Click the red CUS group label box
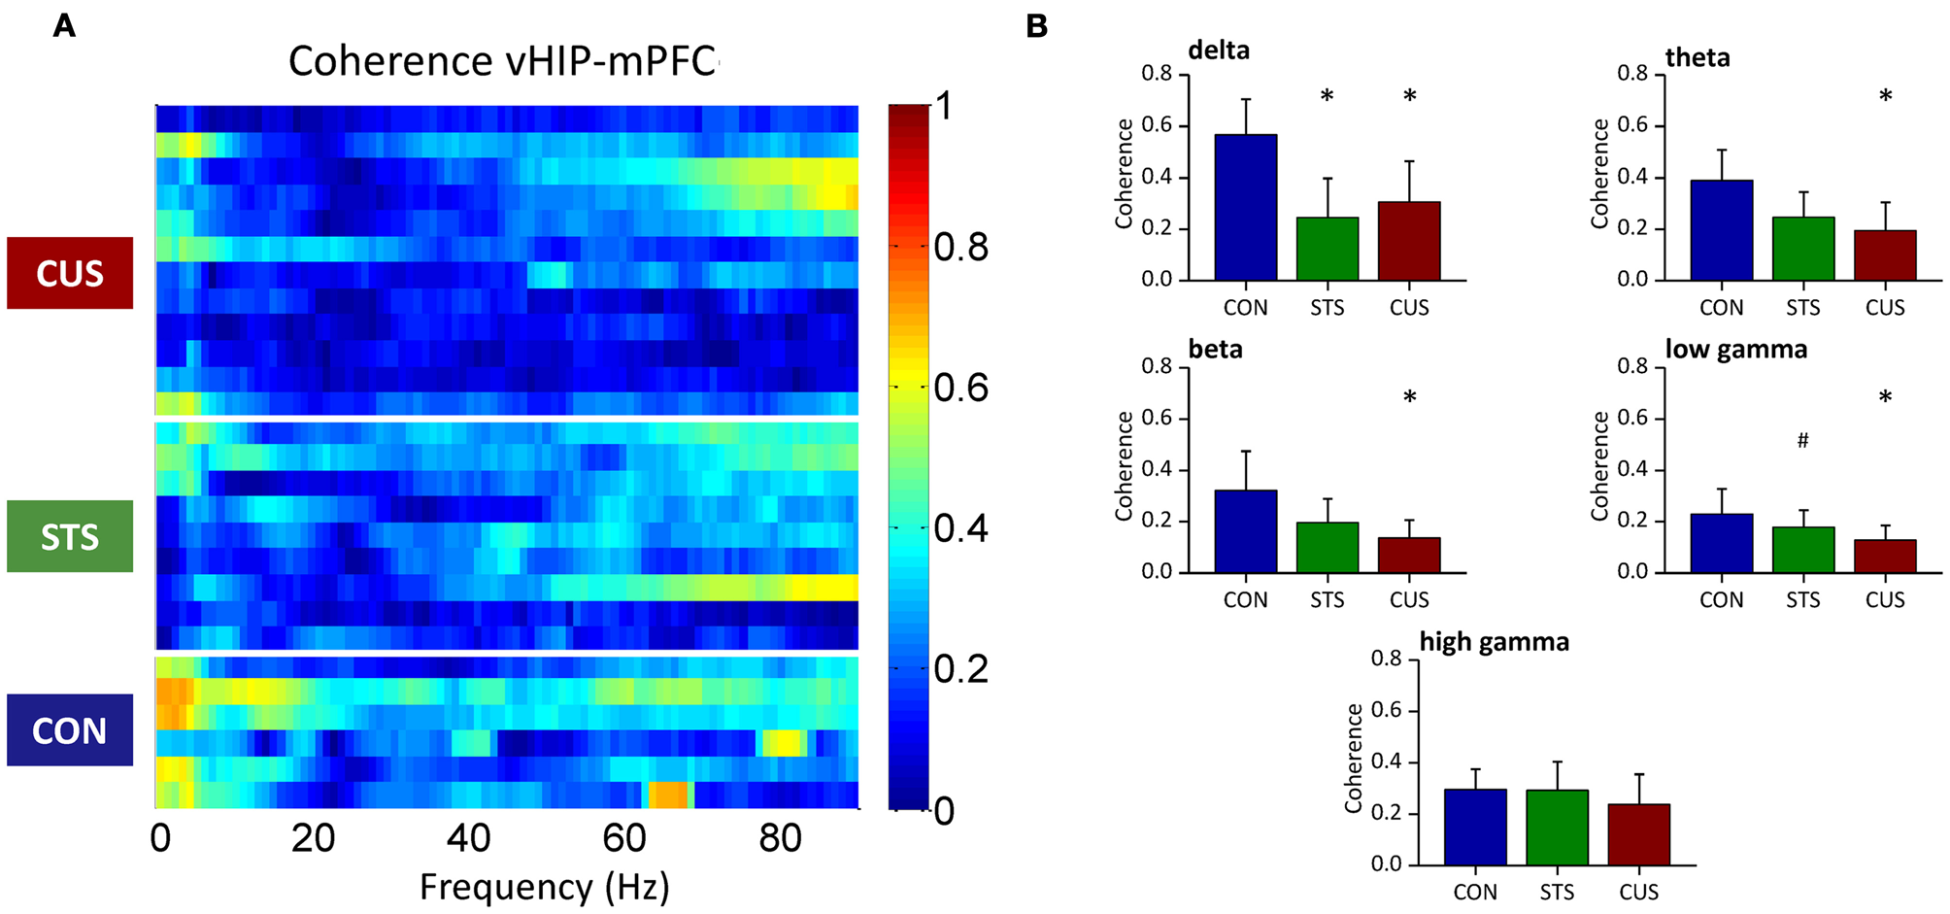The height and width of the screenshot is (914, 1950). click(70, 273)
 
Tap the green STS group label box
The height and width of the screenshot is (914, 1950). click(70, 536)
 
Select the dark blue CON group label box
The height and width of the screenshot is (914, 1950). click(70, 730)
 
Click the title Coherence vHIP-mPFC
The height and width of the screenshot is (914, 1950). click(502, 61)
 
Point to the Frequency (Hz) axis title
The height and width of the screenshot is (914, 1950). click(544, 887)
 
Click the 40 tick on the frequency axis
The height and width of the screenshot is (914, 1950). click(468, 838)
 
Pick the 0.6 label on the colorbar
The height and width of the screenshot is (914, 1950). click(960, 388)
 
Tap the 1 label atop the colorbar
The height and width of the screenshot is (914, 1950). click(943, 106)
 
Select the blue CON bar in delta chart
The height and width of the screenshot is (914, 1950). click(1245, 208)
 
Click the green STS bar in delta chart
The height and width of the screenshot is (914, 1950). click(1327, 250)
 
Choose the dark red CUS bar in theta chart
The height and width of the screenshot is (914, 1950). click(1884, 255)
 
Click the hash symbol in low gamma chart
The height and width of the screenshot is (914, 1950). click(1802, 441)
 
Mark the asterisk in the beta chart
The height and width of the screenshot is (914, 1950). click(1409, 397)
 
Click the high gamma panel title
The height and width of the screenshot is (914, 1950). click(1494, 642)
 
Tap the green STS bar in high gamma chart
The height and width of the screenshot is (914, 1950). click(1557, 828)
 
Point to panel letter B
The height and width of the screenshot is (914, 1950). click(1036, 26)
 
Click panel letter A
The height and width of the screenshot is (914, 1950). click(64, 26)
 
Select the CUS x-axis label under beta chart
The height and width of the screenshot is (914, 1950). click(1408, 600)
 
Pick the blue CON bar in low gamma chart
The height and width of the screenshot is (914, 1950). click(1721, 544)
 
